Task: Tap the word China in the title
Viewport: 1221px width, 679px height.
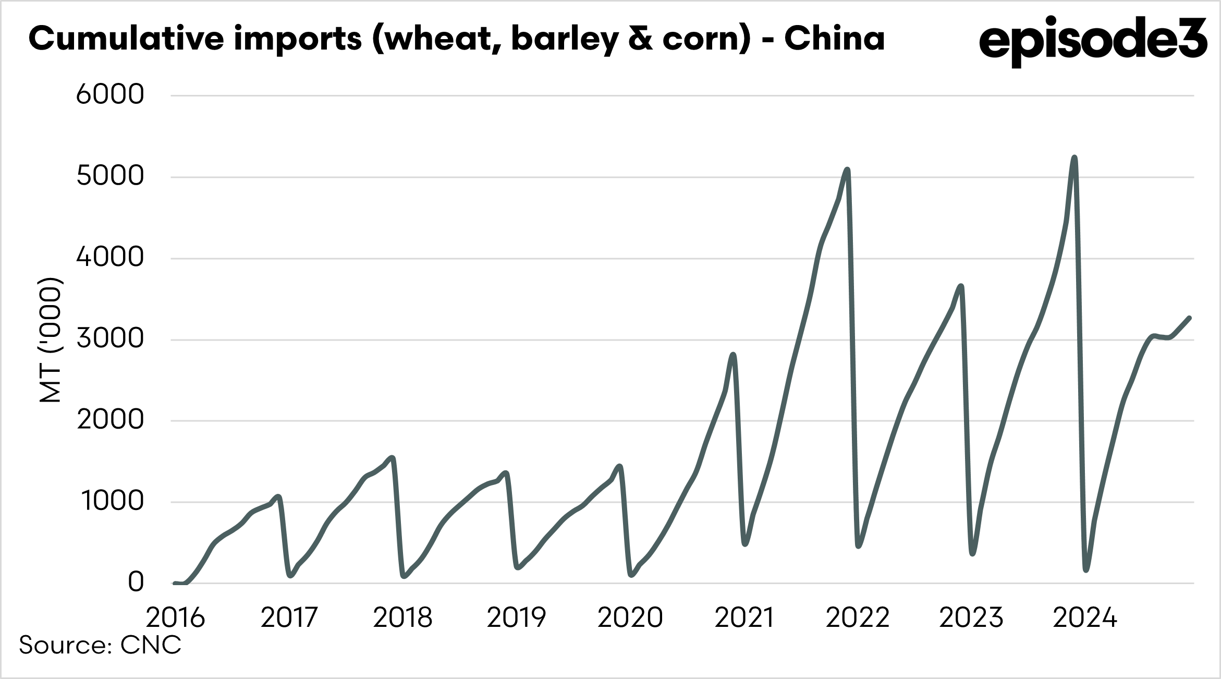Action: (x=834, y=39)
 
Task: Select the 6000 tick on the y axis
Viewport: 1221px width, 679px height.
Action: (x=110, y=95)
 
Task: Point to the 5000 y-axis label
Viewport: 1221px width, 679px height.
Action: (x=110, y=176)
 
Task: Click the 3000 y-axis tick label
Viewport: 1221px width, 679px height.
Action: (x=110, y=339)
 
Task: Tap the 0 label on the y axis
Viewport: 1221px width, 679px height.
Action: (x=136, y=582)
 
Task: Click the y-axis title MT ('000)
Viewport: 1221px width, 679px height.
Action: (x=51, y=339)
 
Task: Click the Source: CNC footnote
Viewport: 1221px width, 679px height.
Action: (x=100, y=645)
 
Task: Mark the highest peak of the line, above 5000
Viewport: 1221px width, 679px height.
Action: (x=1074, y=157)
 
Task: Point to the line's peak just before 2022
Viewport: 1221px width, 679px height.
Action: (x=847, y=169)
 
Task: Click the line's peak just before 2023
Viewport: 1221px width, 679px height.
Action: (x=961, y=286)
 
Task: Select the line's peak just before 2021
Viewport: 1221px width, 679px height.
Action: (x=734, y=355)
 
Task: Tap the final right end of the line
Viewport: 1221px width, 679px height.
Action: (x=1189, y=318)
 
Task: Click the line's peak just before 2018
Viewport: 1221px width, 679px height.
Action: (x=393, y=457)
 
